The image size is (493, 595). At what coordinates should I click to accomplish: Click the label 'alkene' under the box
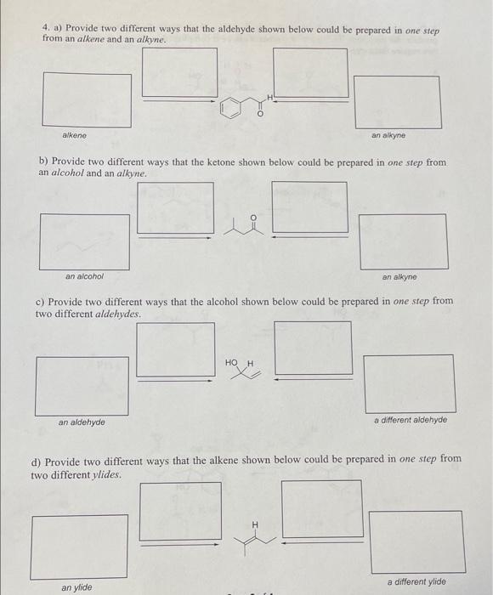[x=74, y=136]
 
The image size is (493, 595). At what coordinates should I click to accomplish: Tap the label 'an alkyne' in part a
[x=388, y=135]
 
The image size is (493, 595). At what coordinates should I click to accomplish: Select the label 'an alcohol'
[x=84, y=275]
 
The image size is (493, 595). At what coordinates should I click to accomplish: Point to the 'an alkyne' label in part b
[x=399, y=276]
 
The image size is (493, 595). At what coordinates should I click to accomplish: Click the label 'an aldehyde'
[x=82, y=422]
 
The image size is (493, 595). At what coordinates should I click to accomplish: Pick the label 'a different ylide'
[x=416, y=581]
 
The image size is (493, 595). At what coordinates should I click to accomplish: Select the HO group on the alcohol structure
[x=231, y=362]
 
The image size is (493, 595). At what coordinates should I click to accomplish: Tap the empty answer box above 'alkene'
[x=88, y=100]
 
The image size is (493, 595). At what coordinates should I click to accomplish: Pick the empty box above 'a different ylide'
[x=416, y=541]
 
